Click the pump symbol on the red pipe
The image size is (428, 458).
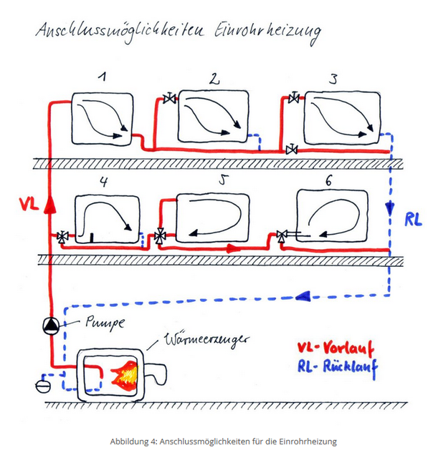(51, 326)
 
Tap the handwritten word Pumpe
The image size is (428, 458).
(105, 323)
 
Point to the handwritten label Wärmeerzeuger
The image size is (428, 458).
(206, 341)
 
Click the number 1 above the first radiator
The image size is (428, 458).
(103, 77)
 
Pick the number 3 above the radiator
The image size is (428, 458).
(333, 79)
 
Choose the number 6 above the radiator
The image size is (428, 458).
(328, 181)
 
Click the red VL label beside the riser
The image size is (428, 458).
(29, 204)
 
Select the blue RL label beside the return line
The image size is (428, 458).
(413, 219)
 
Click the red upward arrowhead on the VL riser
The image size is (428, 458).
(50, 204)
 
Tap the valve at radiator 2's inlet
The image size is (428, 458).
(169, 99)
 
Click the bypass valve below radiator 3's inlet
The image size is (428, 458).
(291, 150)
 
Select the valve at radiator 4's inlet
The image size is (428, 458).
(62, 237)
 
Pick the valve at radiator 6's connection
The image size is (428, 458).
(282, 236)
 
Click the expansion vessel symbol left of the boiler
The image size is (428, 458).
(43, 386)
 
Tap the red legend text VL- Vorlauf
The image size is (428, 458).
(336, 348)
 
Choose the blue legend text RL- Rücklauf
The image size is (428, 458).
(338, 367)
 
